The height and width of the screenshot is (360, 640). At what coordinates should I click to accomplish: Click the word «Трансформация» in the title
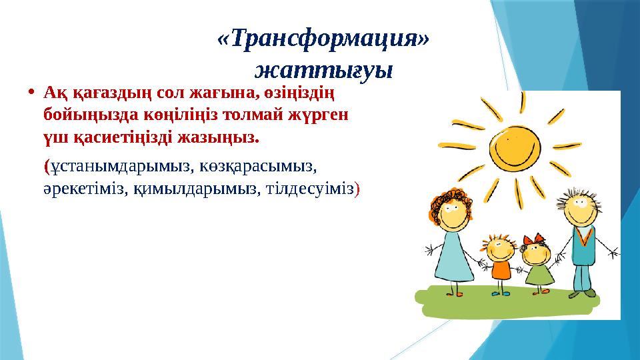click(x=323, y=40)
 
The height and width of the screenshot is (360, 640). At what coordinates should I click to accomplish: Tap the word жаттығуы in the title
click(x=323, y=69)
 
